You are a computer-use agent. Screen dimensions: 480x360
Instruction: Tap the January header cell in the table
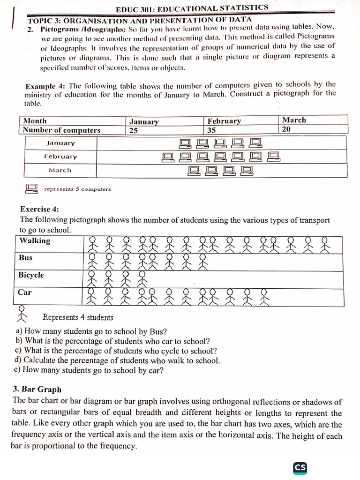click(x=143, y=121)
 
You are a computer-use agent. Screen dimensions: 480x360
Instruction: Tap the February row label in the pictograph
click(x=60, y=157)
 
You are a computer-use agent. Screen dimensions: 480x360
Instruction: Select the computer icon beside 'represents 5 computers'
click(x=31, y=188)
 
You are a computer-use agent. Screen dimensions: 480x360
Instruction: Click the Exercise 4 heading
click(x=39, y=209)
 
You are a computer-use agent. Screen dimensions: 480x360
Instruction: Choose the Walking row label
click(x=35, y=241)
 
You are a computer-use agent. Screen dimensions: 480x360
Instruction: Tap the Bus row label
click(x=26, y=258)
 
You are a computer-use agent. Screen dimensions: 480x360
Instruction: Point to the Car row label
click(x=25, y=292)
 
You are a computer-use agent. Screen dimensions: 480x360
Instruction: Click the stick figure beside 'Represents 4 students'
click(x=22, y=314)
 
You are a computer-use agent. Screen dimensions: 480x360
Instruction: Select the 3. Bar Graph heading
click(x=37, y=390)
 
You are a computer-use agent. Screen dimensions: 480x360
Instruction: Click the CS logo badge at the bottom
click(x=300, y=467)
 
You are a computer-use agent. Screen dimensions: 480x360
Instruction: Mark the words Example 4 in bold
click(x=46, y=87)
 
